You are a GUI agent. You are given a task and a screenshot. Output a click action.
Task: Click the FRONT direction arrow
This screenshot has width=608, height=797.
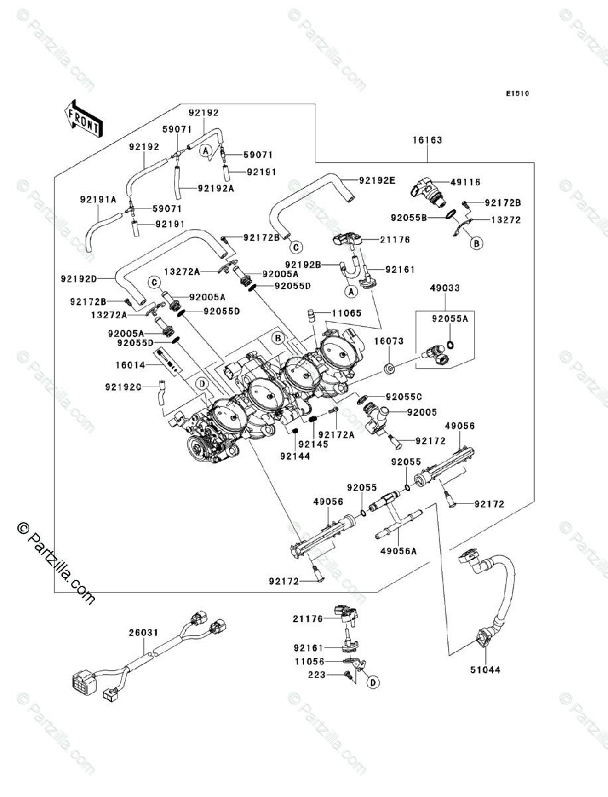(83, 118)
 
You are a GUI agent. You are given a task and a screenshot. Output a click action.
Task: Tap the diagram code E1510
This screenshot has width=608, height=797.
(517, 94)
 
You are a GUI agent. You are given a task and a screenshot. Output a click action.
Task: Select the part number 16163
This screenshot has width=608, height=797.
(427, 141)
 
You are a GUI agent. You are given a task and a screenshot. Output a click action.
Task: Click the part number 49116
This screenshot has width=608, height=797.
(465, 182)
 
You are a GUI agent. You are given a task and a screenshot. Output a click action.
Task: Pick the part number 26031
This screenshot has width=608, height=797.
(143, 633)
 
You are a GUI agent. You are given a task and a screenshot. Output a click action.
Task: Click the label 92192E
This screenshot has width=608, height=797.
(377, 180)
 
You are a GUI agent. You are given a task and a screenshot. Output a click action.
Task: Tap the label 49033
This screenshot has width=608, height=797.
(445, 288)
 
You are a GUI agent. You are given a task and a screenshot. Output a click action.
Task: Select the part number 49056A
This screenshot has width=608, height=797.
(398, 551)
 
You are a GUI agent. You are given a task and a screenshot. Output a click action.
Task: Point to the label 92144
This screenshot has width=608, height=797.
(293, 456)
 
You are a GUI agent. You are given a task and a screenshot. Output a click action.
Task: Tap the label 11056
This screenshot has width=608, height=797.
(309, 662)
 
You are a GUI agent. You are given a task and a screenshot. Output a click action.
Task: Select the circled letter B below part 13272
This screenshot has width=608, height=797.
(476, 244)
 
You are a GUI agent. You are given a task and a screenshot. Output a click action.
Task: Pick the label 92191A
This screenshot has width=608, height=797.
(98, 199)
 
